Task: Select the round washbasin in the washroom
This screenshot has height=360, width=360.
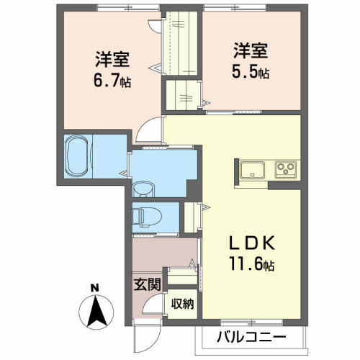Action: pyautogui.click(x=143, y=189)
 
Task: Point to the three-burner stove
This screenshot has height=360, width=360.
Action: pyautogui.click(x=283, y=171)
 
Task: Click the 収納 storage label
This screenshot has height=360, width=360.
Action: pyautogui.click(x=183, y=303)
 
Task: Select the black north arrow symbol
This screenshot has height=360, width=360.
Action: pyautogui.click(x=96, y=312)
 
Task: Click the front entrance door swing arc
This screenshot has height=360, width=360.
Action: pyautogui.click(x=152, y=307)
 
